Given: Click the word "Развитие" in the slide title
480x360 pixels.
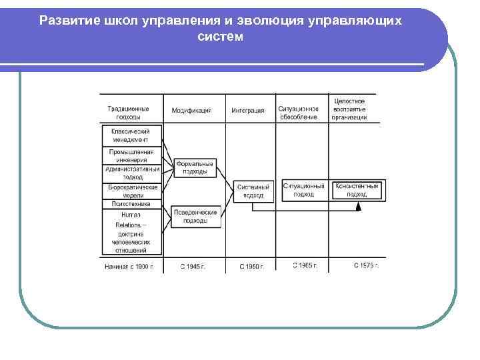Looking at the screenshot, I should [68, 20].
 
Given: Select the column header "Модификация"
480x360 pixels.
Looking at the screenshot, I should [191, 111].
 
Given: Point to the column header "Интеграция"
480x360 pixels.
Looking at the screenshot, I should [248, 111].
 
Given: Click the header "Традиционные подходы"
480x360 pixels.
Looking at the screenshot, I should [129, 112].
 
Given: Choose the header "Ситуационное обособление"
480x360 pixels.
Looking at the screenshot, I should [299, 112].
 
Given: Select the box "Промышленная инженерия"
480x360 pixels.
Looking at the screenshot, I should [131, 155].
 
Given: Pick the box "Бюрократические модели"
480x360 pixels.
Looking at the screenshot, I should [131, 191].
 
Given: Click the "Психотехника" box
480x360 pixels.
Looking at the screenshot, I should [131, 205].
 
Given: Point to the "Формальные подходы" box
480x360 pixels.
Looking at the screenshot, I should [194, 167].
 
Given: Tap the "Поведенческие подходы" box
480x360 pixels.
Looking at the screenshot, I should [195, 216].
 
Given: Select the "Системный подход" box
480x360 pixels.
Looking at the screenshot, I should [253, 191].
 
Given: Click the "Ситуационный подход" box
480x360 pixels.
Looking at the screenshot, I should [303, 190].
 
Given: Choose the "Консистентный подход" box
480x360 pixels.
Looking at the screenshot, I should [357, 190].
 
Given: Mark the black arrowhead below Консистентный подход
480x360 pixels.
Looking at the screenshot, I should [358, 207].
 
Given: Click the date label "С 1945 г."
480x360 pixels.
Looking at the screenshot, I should [193, 266].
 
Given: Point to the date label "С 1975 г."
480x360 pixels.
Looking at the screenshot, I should [366, 265].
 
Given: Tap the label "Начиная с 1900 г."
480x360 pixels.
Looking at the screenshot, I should [129, 266].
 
